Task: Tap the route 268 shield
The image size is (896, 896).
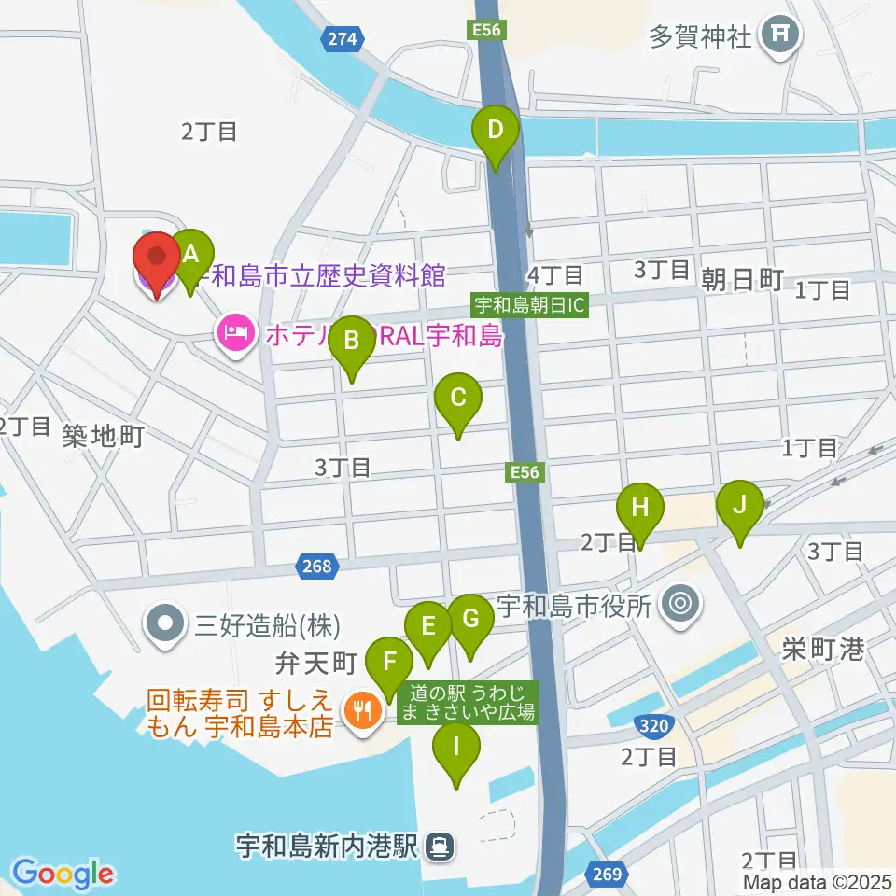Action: [315, 566]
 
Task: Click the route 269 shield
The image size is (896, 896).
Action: [604, 875]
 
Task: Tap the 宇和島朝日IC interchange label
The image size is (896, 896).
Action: [530, 304]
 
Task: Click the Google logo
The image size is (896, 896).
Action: [63, 874]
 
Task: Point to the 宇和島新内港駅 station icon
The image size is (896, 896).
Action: [437, 846]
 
